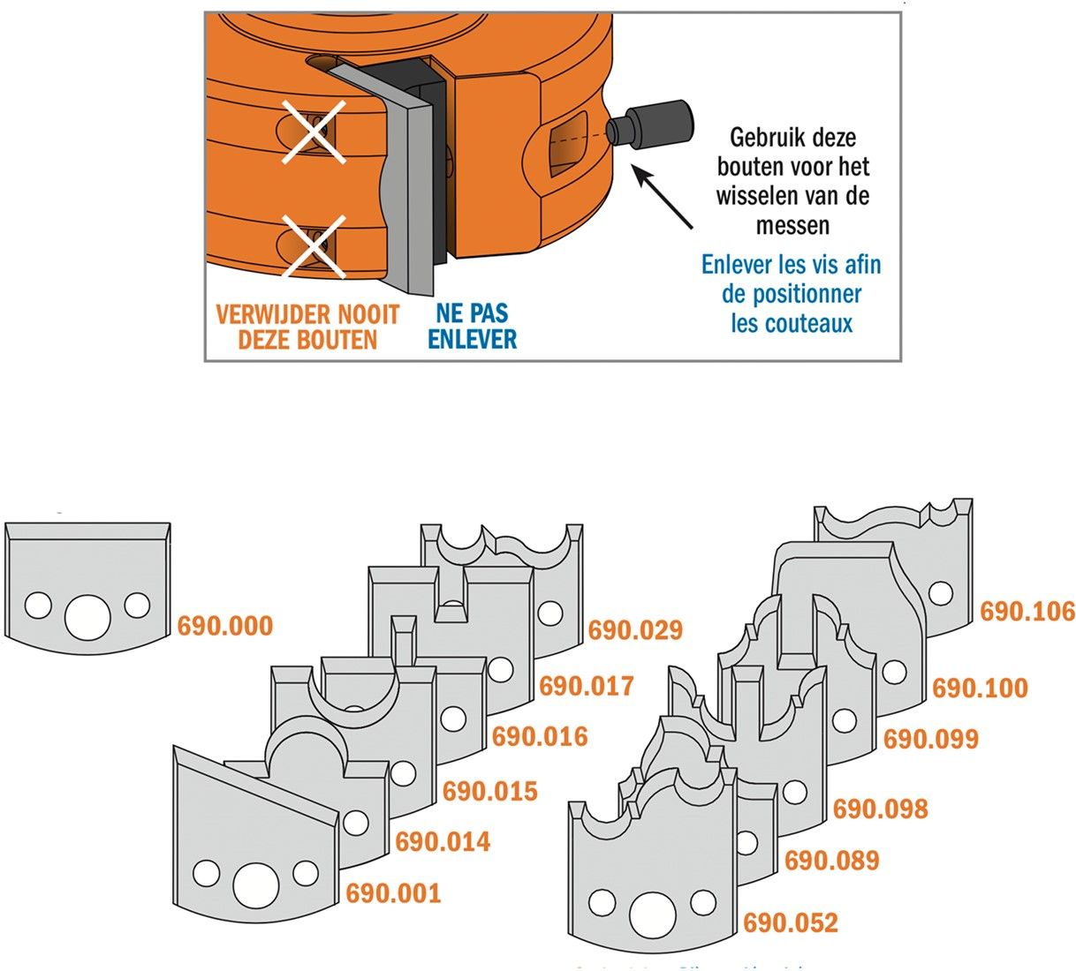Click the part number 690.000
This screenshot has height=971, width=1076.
(224, 626)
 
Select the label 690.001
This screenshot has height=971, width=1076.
(392, 893)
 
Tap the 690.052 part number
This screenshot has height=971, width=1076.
(790, 923)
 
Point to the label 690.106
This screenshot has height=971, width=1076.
(1027, 612)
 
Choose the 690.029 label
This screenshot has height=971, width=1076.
(635, 630)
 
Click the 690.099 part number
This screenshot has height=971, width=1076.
(930, 740)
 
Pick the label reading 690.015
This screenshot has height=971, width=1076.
(489, 791)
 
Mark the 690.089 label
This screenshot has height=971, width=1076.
(831, 861)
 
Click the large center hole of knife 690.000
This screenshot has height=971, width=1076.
(87, 615)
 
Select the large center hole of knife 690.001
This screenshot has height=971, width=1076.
(256, 884)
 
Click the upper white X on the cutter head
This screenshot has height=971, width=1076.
(314, 131)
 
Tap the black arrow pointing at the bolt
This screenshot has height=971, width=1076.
(663, 200)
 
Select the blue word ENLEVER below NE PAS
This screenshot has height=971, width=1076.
(472, 339)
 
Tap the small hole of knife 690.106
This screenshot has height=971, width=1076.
(941, 593)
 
